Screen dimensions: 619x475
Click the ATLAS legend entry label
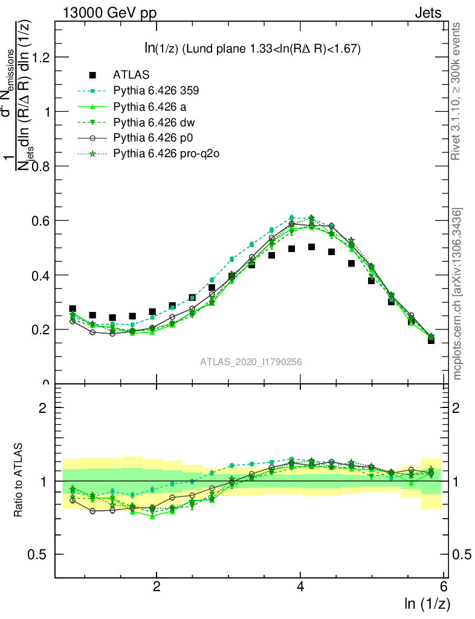pos(131,75)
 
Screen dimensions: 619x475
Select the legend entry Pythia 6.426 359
pos(156,91)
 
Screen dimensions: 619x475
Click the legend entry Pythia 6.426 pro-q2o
pos(166,154)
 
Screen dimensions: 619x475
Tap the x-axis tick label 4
pos(300,587)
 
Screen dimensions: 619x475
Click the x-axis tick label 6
pos(444,587)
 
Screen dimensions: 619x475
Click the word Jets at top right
pos(427,13)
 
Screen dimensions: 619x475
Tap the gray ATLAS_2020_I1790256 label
pos(251,362)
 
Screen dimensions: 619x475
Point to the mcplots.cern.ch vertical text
pos(457,293)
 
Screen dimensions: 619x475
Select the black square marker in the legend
pos(92,75)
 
